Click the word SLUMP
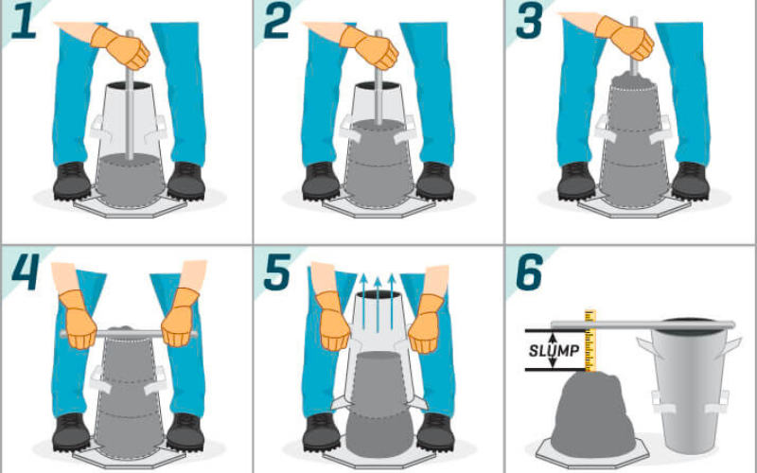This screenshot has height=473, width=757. click(x=554, y=351)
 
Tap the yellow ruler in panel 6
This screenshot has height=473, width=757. click(x=590, y=341)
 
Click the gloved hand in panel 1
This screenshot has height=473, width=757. click(x=121, y=46)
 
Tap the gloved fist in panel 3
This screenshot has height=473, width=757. click(x=625, y=37)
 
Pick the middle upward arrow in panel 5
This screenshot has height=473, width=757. click(x=378, y=304)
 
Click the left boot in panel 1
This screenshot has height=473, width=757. click(x=72, y=181)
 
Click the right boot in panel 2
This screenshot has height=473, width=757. click(x=435, y=181)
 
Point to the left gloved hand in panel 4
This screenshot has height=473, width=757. click(x=79, y=320)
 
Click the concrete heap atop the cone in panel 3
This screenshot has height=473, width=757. click(x=632, y=80)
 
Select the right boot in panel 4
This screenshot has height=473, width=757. click(x=185, y=432)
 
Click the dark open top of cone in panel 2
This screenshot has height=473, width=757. click(x=378, y=86)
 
